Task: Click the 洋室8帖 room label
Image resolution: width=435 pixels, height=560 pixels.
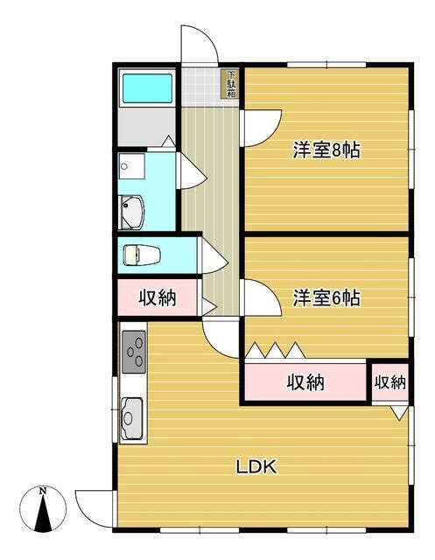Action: pos(326,150)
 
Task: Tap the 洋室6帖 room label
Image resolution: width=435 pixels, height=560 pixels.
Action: pos(326,297)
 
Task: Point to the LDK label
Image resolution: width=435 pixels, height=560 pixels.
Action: pos(256,466)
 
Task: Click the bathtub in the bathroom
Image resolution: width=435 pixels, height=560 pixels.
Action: pos(149,88)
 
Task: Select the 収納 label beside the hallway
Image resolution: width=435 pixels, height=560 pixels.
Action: pos(158,297)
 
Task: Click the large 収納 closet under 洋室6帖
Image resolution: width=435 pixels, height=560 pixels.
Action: pos(305,381)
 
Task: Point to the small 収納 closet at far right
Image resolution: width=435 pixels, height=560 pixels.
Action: pos(390,381)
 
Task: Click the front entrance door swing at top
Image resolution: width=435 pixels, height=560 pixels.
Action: pos(198,47)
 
